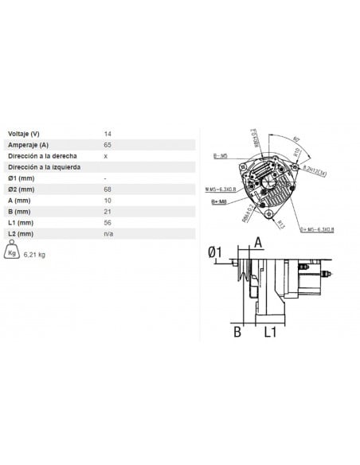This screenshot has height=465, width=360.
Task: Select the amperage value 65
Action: click(x=108, y=145)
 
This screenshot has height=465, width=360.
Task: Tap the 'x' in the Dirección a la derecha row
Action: click(x=106, y=156)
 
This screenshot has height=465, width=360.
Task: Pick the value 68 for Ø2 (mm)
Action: click(x=108, y=190)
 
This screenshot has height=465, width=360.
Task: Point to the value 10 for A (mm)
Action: click(x=108, y=201)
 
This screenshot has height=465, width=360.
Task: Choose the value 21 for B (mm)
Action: click(x=108, y=213)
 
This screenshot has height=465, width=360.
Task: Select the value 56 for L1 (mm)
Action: click(x=108, y=224)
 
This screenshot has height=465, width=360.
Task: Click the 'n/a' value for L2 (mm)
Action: click(x=109, y=235)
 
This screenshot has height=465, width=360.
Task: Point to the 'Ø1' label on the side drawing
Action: click(x=214, y=252)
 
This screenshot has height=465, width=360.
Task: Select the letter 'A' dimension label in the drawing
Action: click(x=257, y=242)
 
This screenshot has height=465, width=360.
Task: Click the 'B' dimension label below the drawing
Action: click(x=237, y=331)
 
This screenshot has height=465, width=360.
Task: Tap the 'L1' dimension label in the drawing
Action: click(x=270, y=331)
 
